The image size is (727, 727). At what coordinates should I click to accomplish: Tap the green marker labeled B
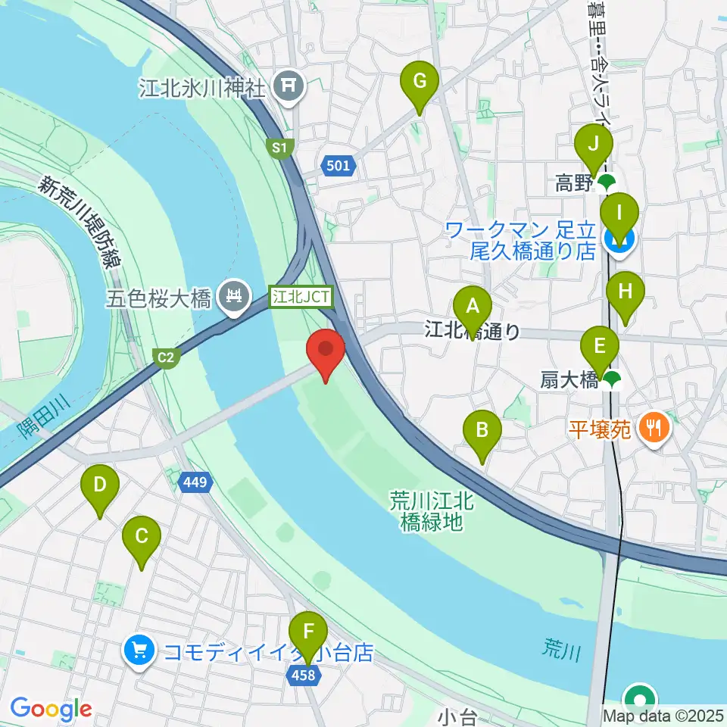[482, 431]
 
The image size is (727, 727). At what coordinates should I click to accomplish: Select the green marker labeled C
[142, 537]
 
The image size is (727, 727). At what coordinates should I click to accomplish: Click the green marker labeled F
[307, 632]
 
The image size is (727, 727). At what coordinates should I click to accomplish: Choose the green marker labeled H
[625, 292]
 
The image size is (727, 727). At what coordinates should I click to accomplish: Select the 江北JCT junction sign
[302, 296]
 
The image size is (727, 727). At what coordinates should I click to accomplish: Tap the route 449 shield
[194, 481]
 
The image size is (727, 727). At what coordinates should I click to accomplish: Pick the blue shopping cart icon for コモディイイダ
[139, 651]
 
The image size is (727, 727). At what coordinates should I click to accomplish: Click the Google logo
[51, 710]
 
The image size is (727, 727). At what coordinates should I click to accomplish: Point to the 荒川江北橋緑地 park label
[431, 510]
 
